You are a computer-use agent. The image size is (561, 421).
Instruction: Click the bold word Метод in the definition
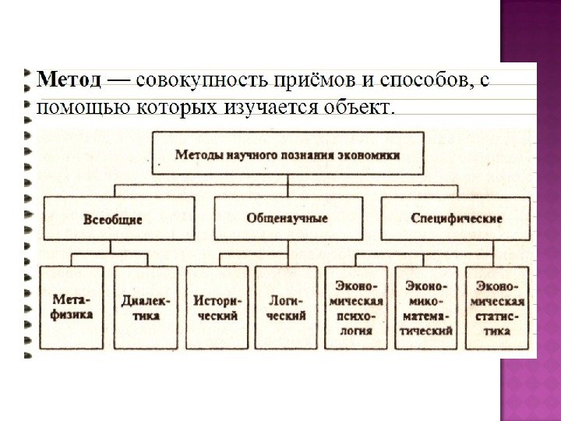pyautogui.click(x=69, y=80)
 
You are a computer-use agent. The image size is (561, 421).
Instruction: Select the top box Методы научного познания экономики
pyautogui.click(x=288, y=154)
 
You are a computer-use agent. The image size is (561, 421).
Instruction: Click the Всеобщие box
pyautogui.click(x=118, y=218)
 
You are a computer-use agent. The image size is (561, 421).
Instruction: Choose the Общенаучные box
pyautogui.click(x=288, y=218)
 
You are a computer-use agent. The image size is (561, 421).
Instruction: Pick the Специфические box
pyautogui.click(x=455, y=218)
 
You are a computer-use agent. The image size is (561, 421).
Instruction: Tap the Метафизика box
pyautogui.click(x=73, y=306)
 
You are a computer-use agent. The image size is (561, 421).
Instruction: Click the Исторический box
pyautogui.click(x=217, y=306)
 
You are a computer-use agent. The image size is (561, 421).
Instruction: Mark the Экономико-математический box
pyautogui.click(x=426, y=306)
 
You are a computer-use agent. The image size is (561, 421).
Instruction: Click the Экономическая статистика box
pyautogui.click(x=496, y=306)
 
